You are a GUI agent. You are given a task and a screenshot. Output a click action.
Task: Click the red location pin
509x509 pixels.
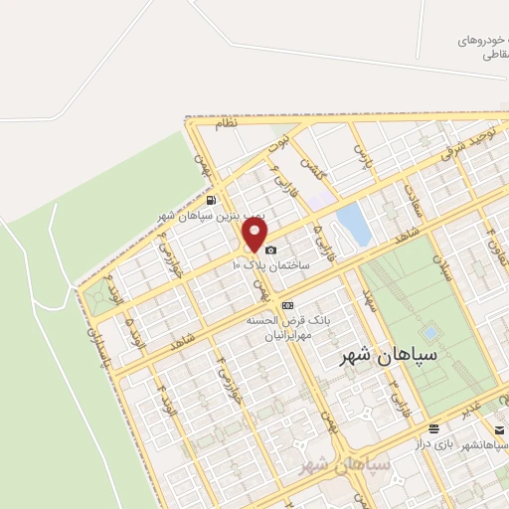pyautogui.click(x=255, y=235)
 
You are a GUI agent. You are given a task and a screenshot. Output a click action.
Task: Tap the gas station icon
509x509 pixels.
pyautogui.click(x=210, y=200)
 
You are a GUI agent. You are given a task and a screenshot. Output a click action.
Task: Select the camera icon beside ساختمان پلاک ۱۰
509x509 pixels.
pyautogui.click(x=271, y=251)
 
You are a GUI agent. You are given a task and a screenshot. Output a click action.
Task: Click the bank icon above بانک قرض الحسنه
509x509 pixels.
pyautogui.click(x=288, y=305)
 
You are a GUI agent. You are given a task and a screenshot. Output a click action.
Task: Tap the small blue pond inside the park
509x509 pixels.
pyautogui.click(x=430, y=331)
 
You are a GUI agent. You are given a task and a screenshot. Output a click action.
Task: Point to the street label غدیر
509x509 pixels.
pyautogui.click(x=481, y=400)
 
